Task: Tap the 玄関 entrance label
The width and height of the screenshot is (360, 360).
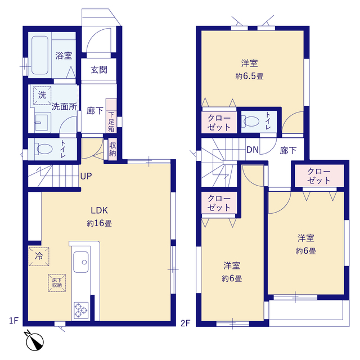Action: [x=99, y=70]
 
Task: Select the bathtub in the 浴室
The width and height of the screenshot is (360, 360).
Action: [x=40, y=55]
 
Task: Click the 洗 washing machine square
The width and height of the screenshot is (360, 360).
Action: [x=42, y=95]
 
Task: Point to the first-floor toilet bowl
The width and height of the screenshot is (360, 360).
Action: [x=44, y=148]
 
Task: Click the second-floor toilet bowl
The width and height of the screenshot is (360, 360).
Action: [x=251, y=121]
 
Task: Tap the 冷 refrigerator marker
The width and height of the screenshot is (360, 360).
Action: [x=39, y=256]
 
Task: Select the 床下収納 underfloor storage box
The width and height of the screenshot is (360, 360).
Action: [x=57, y=283]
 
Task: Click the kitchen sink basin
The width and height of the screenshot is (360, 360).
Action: [x=81, y=262]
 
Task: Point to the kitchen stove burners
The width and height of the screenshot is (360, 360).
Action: [x=81, y=310]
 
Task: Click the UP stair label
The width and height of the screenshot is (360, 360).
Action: [x=86, y=176]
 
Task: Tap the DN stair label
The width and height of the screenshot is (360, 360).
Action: [x=253, y=150]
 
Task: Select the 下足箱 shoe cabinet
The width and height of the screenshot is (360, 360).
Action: [x=111, y=116]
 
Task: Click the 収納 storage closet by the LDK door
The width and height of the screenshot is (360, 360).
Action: [x=112, y=149]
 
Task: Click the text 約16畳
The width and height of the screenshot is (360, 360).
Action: [x=99, y=223]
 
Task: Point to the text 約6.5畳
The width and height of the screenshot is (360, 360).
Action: [x=249, y=76]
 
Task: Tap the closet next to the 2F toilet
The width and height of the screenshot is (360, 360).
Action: [x=219, y=123]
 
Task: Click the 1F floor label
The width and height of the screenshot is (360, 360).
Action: [x=13, y=321]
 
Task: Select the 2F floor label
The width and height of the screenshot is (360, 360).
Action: [x=186, y=323]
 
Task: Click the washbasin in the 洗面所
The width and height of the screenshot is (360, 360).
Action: [x=41, y=123]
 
